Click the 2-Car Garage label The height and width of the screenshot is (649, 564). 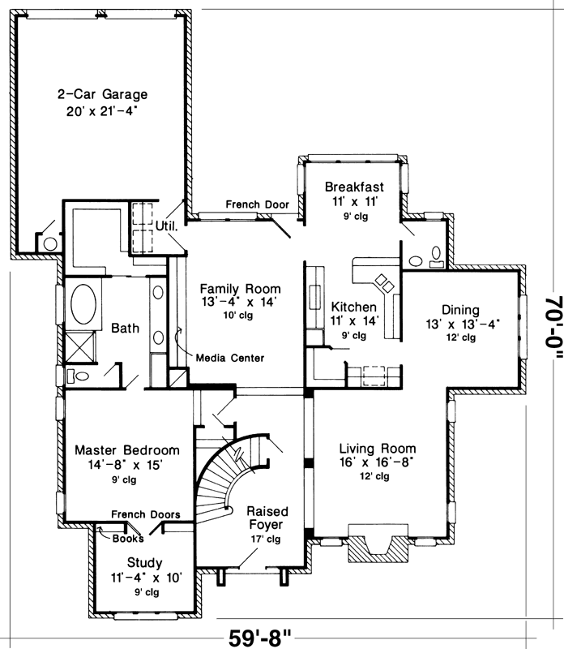point(102,93)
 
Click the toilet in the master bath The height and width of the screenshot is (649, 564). point(76,376)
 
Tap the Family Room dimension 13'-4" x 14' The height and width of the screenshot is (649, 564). point(241,303)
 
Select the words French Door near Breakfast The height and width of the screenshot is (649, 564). point(258,204)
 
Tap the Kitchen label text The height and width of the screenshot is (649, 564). point(353,307)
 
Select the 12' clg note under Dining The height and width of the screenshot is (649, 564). point(460,337)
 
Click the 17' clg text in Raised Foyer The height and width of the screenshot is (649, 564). point(267,539)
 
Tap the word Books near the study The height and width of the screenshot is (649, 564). point(128,538)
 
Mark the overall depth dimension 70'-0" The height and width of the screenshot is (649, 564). point(552,324)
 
